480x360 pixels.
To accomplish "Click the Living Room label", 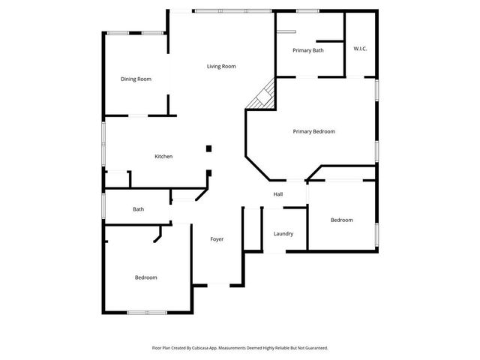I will (x=221, y=67).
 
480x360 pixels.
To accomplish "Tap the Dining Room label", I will (x=136, y=79).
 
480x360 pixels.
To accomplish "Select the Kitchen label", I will (x=163, y=157).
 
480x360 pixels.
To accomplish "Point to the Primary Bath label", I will (x=307, y=50).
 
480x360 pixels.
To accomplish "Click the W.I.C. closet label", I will (x=360, y=49).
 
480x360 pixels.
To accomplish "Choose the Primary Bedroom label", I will (x=313, y=131).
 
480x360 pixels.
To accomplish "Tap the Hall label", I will (x=277, y=194).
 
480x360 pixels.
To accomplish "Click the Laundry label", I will (x=283, y=234).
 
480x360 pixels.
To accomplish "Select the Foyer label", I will (x=217, y=239).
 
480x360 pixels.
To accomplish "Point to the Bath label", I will (x=138, y=210).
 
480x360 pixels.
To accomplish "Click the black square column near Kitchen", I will (x=209, y=148).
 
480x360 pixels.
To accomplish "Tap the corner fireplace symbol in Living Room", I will (x=264, y=94).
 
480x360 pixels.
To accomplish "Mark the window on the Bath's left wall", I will (x=103, y=205).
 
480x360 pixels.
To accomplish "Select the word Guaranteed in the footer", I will (x=314, y=348).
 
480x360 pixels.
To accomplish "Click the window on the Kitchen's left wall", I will (x=103, y=142).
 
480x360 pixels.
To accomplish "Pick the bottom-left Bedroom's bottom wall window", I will (x=146, y=312).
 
